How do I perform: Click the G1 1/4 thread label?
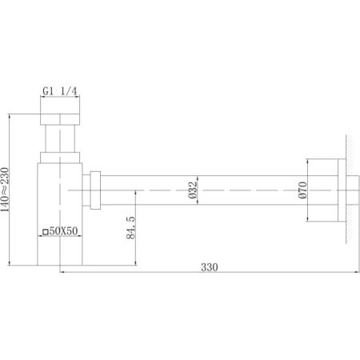tap(61, 93)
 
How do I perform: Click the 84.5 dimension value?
tap(130, 228)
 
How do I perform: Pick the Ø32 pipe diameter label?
tap(192, 190)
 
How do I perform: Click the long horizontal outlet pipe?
tap(200, 191)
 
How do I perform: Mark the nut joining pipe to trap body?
tap(95, 191)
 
